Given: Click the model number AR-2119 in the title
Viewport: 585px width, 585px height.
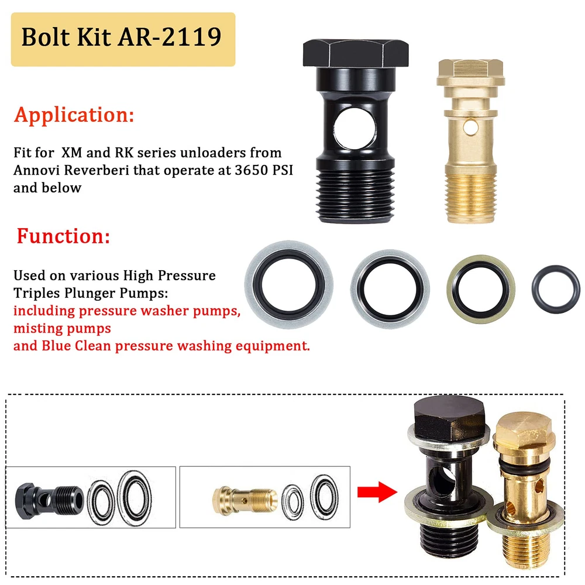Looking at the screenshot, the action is click(170, 37).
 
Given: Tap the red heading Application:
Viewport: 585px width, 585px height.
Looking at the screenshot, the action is click(74, 115).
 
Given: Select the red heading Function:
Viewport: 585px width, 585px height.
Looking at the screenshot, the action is click(63, 236).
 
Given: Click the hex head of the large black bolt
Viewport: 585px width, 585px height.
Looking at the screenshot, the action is click(356, 53).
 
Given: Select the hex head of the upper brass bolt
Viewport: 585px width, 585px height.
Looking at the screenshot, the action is click(470, 73).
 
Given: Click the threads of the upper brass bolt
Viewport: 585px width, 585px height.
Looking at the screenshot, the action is click(470, 198).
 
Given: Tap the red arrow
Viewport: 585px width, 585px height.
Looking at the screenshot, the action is click(377, 492).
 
